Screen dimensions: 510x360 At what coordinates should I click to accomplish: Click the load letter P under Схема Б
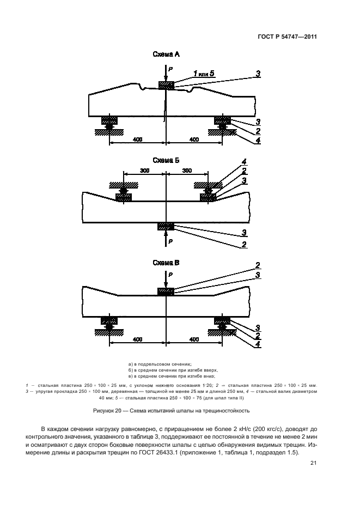[x=171, y=240]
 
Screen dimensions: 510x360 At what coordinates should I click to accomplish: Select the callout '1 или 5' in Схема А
[x=204, y=73]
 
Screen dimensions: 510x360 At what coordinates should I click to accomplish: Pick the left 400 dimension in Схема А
[x=138, y=140]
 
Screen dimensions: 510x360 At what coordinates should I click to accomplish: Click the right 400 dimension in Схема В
[x=194, y=339]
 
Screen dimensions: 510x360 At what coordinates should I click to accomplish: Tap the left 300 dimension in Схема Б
[x=144, y=171]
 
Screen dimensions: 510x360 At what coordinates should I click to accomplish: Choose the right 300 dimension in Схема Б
[x=186, y=171]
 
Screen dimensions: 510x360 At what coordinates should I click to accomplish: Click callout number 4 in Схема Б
[x=245, y=162]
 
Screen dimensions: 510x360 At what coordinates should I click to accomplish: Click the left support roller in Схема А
[x=109, y=126]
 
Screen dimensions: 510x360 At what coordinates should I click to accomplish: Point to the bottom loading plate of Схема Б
[x=166, y=226]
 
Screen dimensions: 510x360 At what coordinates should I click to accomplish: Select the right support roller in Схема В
[x=222, y=326]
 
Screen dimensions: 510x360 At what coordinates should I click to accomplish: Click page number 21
[x=313, y=463]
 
